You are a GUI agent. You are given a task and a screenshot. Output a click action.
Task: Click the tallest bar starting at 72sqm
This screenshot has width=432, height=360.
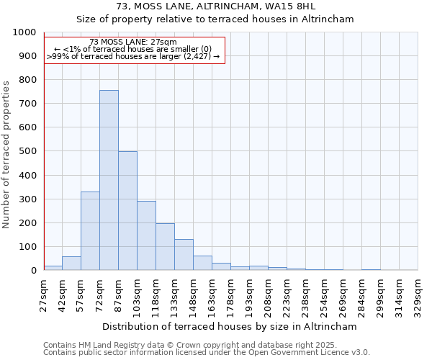point(109,180)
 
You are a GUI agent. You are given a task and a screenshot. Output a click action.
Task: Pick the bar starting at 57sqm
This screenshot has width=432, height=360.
point(90,231)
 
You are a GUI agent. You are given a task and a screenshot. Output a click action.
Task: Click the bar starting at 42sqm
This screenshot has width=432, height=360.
point(71,264)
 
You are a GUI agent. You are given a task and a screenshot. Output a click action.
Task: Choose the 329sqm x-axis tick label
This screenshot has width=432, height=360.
point(418,294)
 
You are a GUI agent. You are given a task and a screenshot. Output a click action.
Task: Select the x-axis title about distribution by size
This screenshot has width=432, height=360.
point(229,327)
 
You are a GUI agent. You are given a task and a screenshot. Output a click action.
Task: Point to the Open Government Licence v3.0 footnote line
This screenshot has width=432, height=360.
point(207,353)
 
